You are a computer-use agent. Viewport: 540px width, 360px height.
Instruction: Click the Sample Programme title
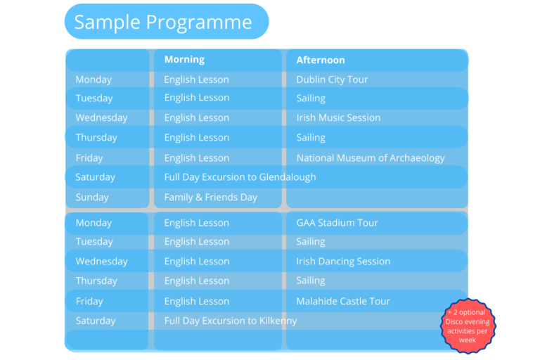(163, 22)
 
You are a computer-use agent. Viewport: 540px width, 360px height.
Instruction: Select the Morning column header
(184, 59)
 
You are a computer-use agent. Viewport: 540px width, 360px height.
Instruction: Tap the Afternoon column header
(321, 60)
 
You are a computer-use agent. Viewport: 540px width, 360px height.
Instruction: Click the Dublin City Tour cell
(332, 79)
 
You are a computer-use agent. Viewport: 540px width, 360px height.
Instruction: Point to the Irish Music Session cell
(338, 117)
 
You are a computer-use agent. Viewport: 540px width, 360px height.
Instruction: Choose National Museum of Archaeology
(371, 157)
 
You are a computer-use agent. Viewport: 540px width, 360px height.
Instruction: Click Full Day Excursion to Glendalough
(240, 177)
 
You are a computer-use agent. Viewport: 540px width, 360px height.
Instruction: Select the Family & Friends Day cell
(211, 197)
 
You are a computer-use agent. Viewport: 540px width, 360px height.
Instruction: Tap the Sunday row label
(92, 197)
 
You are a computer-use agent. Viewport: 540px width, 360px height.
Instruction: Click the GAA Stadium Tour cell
(337, 223)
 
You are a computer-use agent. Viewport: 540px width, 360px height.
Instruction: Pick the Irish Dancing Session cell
(343, 261)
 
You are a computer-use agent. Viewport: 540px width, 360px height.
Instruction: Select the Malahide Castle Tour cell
(343, 301)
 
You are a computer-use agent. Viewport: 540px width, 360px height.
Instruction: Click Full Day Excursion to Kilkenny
(231, 321)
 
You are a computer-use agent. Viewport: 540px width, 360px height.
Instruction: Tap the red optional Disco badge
(468, 326)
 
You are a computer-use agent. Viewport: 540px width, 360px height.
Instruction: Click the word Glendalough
(288, 177)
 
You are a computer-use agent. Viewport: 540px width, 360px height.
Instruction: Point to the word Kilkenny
(278, 321)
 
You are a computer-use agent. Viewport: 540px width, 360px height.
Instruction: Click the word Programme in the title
(199, 22)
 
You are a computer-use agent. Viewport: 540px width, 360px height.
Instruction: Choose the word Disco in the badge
(454, 322)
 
